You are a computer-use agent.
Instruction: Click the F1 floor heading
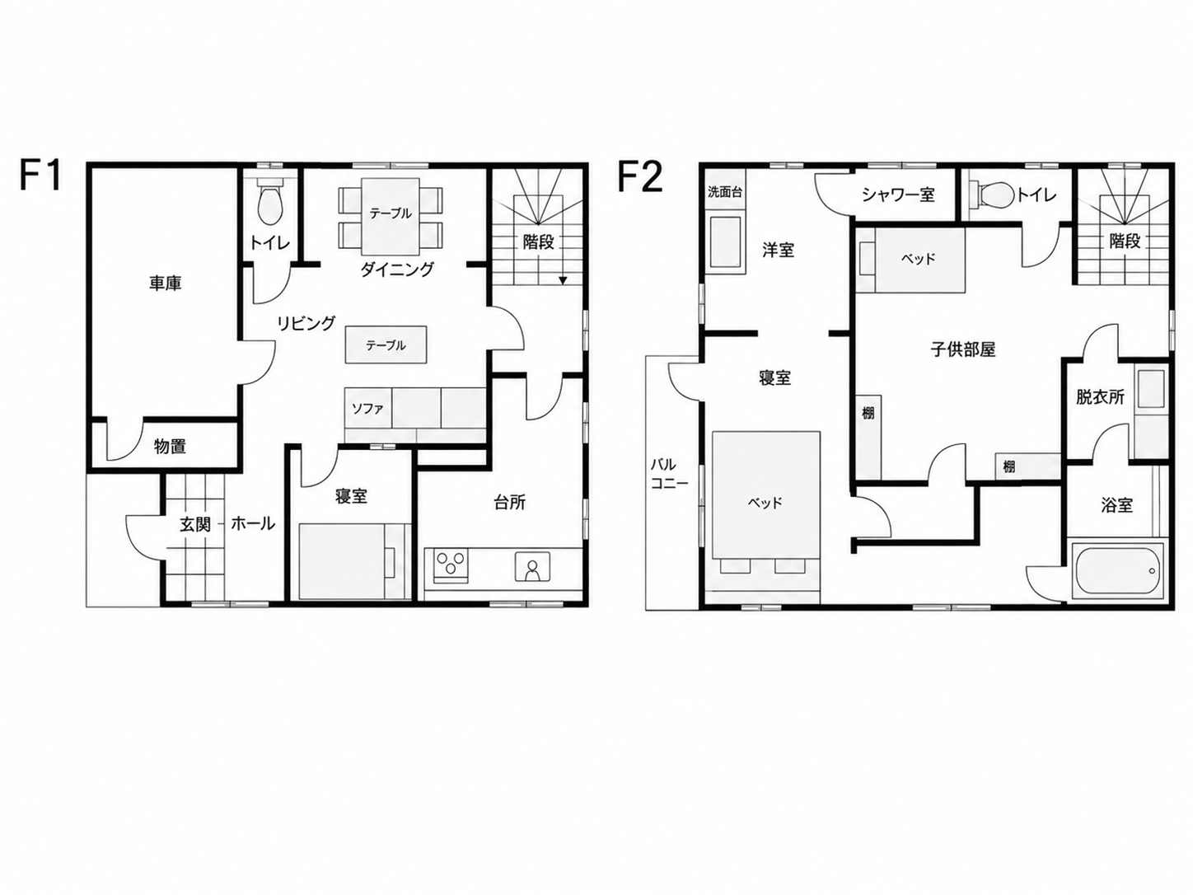pos(40,175)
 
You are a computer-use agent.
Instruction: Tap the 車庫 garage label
pos(166,283)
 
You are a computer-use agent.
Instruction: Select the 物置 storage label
pos(170,447)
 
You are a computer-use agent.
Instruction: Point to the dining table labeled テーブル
pos(391,216)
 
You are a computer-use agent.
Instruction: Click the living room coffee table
pos(386,344)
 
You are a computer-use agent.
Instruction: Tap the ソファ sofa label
pos(367,409)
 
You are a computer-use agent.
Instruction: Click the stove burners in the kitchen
pos(451,564)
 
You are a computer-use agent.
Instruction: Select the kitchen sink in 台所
pos(532,567)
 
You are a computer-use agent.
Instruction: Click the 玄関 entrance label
pos(195,524)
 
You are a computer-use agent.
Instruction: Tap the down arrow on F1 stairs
pos(563,280)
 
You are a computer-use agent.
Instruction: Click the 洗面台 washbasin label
pos(725,192)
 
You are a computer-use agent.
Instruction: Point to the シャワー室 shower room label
pos(898,194)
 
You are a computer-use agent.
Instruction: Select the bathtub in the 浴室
pos(1114,572)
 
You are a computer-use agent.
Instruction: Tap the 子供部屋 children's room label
pos(962,349)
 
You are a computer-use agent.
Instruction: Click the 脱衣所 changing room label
pos(1100,397)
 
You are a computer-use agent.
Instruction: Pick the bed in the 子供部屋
pos(911,260)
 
